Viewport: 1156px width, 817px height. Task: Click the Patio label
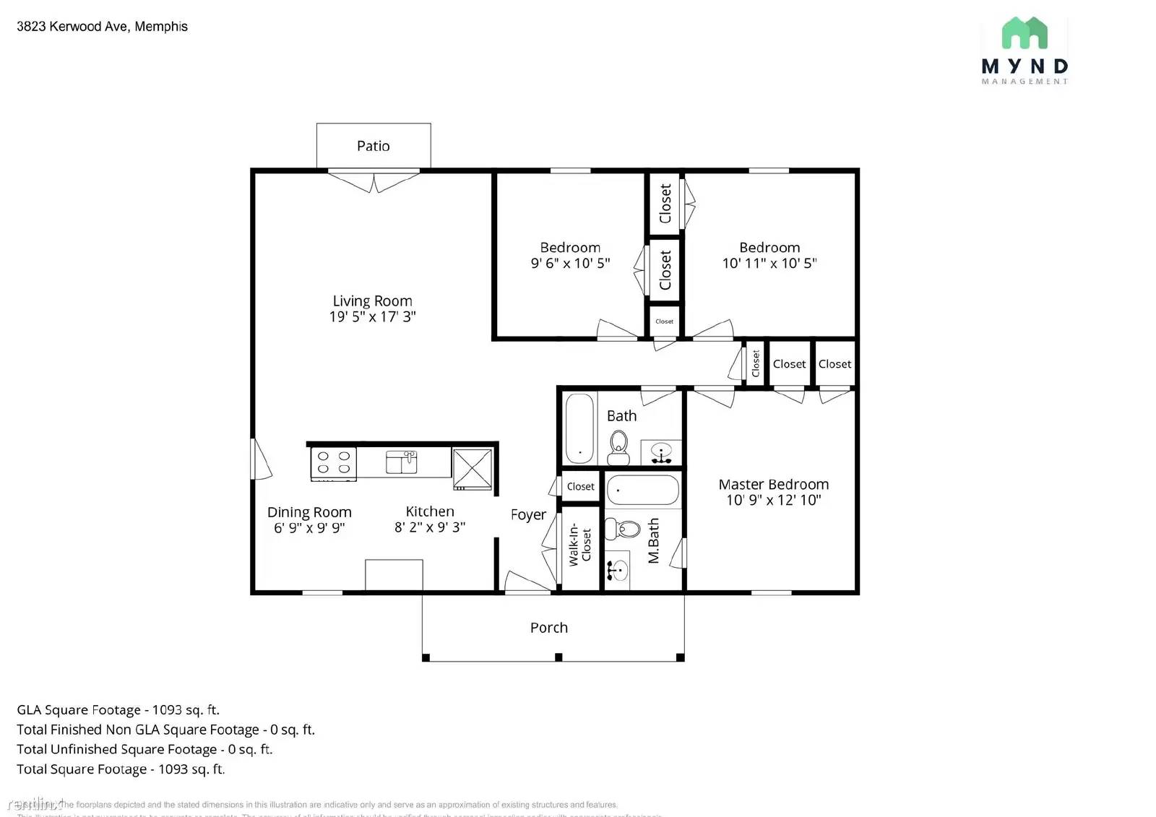point(373,146)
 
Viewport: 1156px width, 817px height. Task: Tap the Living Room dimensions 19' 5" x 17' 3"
point(372,316)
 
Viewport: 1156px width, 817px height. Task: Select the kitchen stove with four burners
point(333,463)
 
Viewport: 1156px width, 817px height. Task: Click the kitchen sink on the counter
point(402,462)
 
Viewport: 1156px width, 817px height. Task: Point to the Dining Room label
point(309,512)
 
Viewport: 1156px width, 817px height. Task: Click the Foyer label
point(528,515)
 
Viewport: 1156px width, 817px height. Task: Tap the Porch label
point(548,628)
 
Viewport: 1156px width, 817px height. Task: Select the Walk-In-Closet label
point(579,545)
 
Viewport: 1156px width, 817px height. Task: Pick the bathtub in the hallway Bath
point(579,428)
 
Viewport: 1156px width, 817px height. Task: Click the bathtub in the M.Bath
point(642,490)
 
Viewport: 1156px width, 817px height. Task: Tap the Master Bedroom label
point(773,485)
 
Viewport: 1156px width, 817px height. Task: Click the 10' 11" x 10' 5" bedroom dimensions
point(769,264)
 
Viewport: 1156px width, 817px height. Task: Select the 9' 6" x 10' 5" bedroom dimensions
point(570,264)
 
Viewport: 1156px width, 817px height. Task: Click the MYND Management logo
point(1025,51)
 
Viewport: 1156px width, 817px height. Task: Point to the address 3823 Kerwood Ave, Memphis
point(102,27)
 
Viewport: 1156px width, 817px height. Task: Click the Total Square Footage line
point(121,769)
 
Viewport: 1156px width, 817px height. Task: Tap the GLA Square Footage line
point(118,710)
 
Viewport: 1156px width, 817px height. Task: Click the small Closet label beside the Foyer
point(580,487)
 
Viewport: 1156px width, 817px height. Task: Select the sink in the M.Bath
point(616,571)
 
